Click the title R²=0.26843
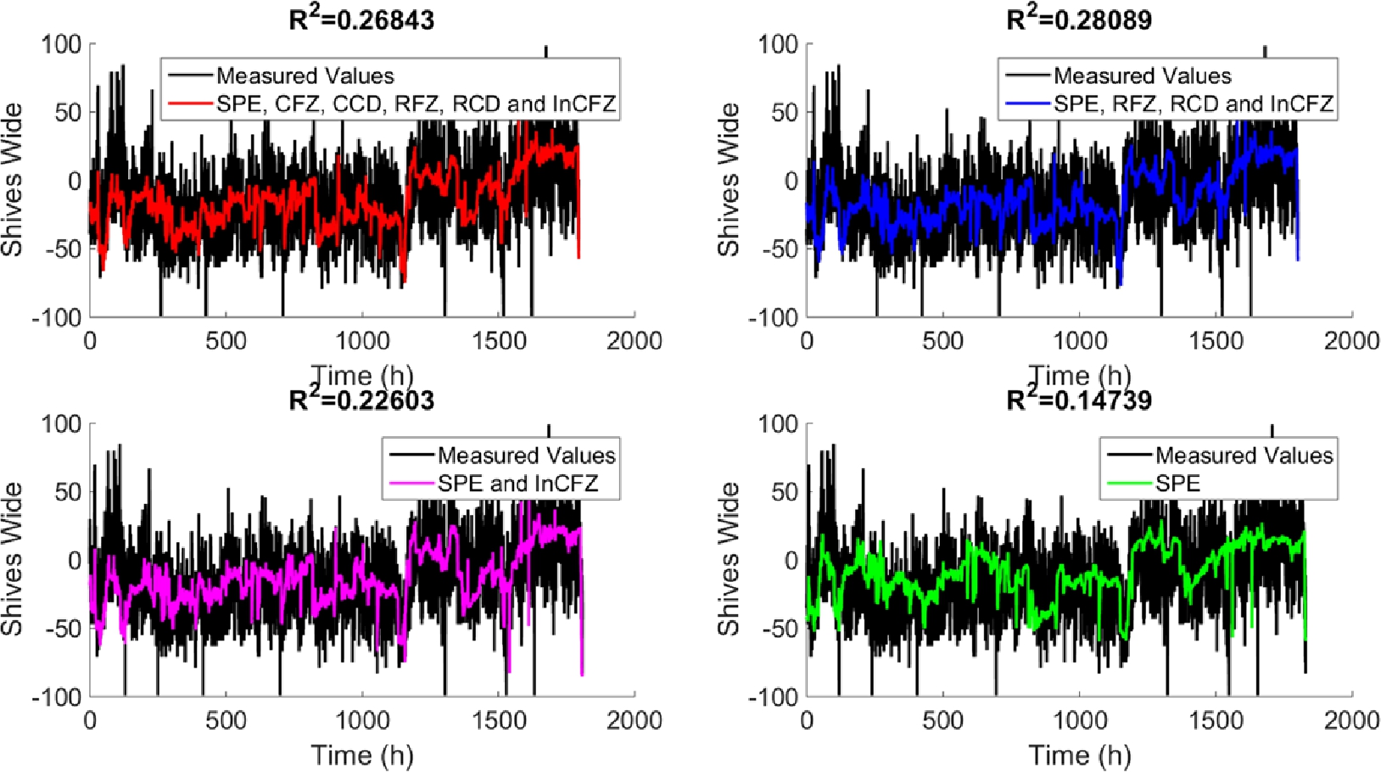click(x=362, y=19)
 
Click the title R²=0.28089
click(x=1079, y=19)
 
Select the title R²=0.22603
click(x=362, y=399)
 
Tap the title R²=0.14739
click(x=1079, y=399)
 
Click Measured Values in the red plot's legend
click(x=305, y=76)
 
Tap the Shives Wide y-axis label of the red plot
click(x=12, y=180)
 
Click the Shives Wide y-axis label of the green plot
click(x=729, y=560)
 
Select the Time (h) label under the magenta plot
click(x=362, y=754)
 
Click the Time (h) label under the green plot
click(x=1079, y=754)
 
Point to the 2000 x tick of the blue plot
click(x=1352, y=341)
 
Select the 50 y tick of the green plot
click(x=786, y=492)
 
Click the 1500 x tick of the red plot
click(x=499, y=341)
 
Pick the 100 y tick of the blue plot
click(x=778, y=44)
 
